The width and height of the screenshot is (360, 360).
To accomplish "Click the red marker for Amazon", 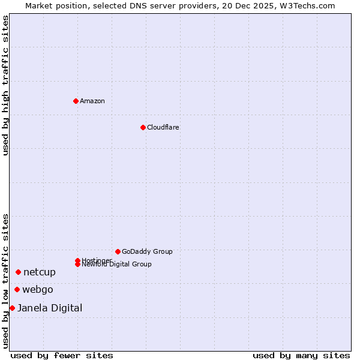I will (76, 101).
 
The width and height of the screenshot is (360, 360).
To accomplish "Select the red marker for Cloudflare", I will (143, 127).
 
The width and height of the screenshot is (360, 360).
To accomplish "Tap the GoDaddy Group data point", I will (118, 251).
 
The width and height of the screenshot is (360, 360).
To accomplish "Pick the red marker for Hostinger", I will (77, 260).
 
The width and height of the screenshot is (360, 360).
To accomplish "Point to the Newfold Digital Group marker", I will (77, 265).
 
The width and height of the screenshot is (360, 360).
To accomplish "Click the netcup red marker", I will (18, 272).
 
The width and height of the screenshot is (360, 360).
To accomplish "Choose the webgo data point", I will (17, 290).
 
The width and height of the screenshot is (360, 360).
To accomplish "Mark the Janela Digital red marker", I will (12, 308).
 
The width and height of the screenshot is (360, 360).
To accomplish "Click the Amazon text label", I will (92, 101).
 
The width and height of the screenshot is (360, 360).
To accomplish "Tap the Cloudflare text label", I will (163, 127).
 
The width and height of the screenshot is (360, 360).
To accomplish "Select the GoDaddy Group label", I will (147, 251).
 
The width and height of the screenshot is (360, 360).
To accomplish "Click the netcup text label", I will (40, 272).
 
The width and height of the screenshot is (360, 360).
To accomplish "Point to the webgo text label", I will (38, 290).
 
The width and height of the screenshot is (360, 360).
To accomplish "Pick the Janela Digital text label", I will (50, 308).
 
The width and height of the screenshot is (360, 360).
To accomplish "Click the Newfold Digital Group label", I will (116, 265).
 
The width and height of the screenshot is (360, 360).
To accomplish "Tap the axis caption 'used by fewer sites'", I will (62, 355).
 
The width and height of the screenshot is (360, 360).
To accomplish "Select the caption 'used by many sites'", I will (301, 355).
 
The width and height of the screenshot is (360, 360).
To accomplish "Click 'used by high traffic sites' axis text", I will (5, 85).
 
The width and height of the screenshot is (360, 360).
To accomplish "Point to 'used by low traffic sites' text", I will (5, 281).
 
